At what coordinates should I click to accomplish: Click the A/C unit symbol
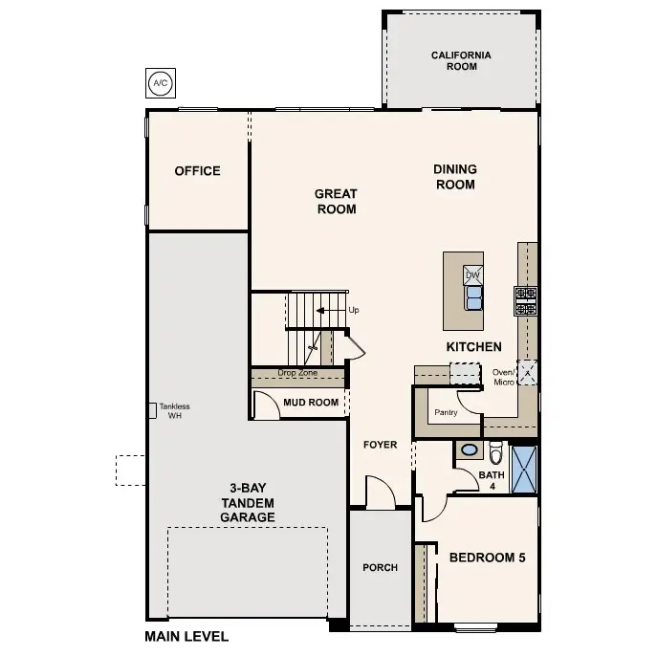pyautogui.click(x=159, y=84)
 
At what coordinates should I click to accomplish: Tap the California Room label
pyautogui.click(x=461, y=61)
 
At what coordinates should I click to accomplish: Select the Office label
pyautogui.click(x=197, y=171)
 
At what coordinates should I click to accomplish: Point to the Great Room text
pyautogui.click(x=336, y=202)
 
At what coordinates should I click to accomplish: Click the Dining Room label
pyautogui.click(x=455, y=177)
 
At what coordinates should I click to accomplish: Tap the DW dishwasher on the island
pyautogui.click(x=472, y=275)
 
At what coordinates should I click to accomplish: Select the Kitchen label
pyautogui.click(x=473, y=347)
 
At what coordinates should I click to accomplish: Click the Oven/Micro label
pyautogui.click(x=503, y=377)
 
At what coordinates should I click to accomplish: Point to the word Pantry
pyautogui.click(x=446, y=413)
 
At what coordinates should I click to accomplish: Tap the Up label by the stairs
pyautogui.click(x=354, y=311)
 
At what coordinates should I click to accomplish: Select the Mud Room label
pyautogui.click(x=311, y=403)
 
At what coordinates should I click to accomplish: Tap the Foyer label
pyautogui.click(x=380, y=445)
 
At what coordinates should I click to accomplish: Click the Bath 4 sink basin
pyautogui.click(x=470, y=449)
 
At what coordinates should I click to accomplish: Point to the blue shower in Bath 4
pyautogui.click(x=524, y=469)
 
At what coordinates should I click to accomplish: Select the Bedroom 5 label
pyautogui.click(x=487, y=558)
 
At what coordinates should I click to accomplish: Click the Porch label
pyautogui.click(x=380, y=568)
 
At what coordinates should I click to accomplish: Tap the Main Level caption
pyautogui.click(x=186, y=636)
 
